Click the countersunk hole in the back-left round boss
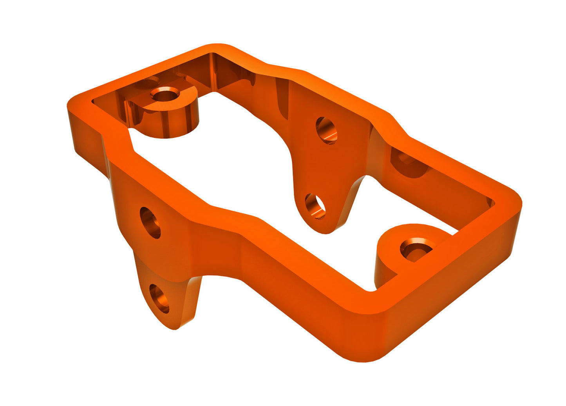165,94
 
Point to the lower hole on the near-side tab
159,299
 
